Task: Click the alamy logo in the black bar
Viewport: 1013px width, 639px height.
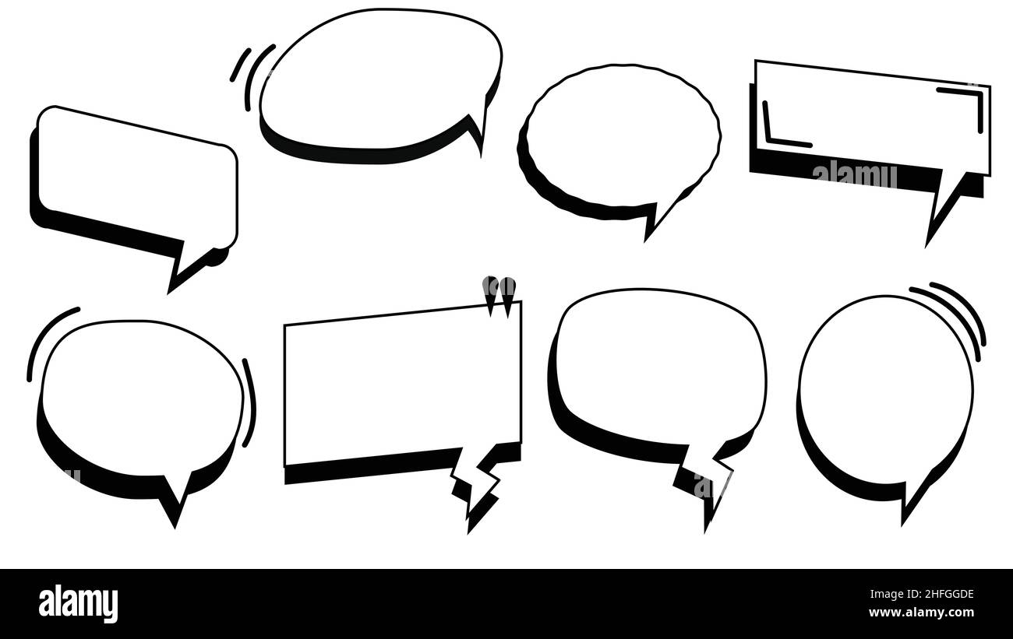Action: (x=78, y=604)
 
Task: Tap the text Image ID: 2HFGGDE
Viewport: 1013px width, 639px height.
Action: (x=922, y=594)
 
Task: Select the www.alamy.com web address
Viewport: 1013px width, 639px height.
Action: (x=921, y=613)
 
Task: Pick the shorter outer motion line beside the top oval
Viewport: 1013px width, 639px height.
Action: (x=240, y=65)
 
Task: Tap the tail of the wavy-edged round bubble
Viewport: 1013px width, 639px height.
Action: (x=661, y=218)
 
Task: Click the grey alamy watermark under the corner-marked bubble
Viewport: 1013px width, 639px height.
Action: (x=855, y=176)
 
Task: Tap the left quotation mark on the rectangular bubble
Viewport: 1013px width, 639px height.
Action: (x=490, y=294)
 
